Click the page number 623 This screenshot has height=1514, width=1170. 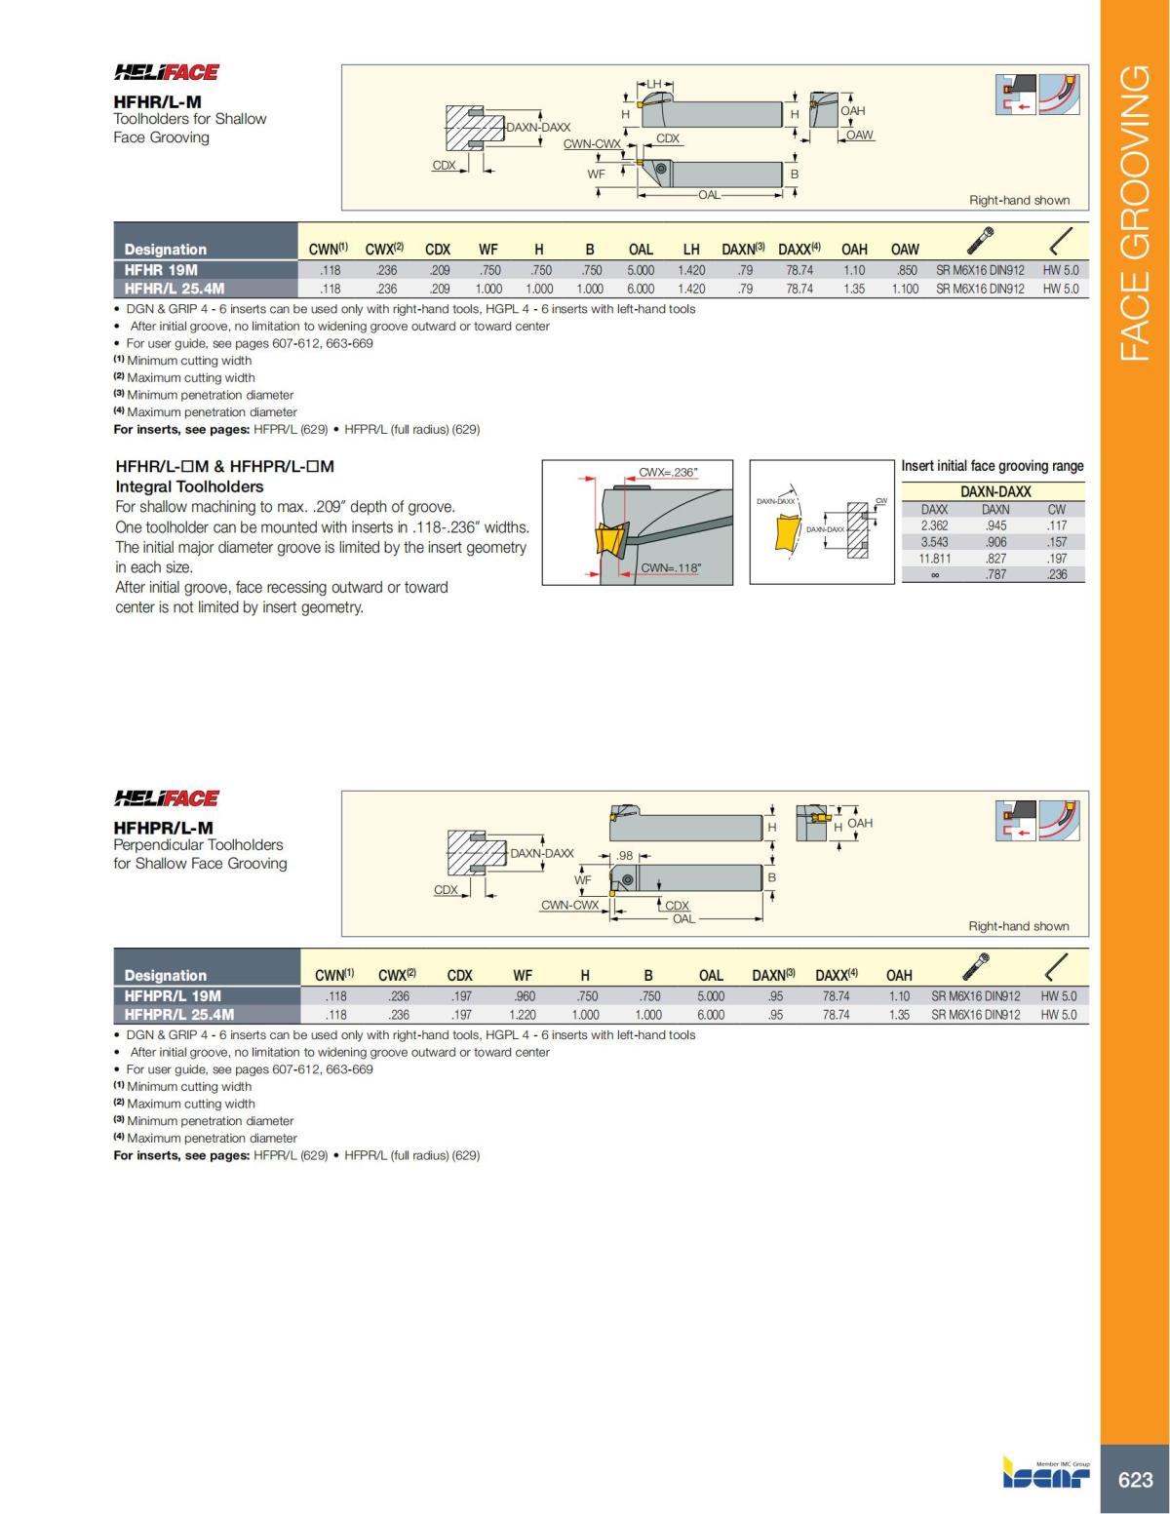coord(1135,1479)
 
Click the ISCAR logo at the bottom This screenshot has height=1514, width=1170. coord(1046,1474)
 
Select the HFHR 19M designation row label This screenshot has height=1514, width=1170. coord(161,270)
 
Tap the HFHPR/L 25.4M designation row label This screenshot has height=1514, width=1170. coord(179,1014)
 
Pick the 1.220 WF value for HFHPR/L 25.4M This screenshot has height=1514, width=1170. coord(523,1015)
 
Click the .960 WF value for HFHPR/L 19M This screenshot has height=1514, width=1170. coord(524,996)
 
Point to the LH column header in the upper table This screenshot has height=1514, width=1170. coord(690,250)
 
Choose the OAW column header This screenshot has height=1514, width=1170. coord(905,250)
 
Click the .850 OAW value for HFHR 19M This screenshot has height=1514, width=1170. coord(907,270)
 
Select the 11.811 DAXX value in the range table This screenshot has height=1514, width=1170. coord(934,559)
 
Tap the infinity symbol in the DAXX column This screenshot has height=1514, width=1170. coord(934,574)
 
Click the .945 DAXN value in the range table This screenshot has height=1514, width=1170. coord(995,525)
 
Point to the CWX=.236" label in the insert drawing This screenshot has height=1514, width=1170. coord(668,473)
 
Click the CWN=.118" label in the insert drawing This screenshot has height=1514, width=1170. coord(671,567)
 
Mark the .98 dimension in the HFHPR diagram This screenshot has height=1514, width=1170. coord(625,855)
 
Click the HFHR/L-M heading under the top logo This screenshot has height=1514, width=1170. coord(157,100)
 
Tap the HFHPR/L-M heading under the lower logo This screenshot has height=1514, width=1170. coord(163,827)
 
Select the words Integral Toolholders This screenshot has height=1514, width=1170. coord(189,486)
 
